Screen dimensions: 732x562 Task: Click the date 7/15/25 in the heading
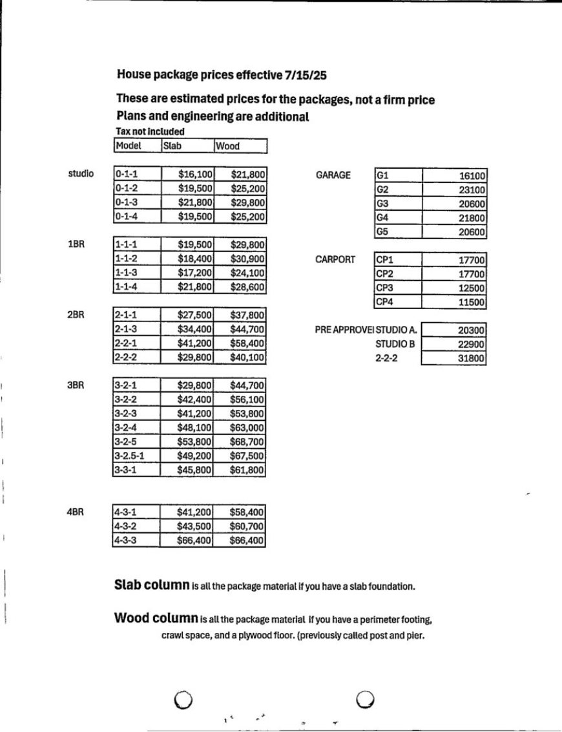coord(305,75)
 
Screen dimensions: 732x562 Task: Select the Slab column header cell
coord(187,146)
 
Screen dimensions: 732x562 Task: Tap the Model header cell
coord(137,146)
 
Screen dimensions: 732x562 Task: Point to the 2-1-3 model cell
coord(136,329)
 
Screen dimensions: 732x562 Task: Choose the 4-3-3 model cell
coord(136,540)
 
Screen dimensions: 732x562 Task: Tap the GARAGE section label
coord(333,175)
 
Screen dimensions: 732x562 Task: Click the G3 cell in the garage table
coord(398,204)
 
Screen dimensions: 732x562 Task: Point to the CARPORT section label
coord(335,259)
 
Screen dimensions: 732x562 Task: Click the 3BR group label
coord(76,385)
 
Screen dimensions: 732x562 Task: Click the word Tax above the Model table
coord(122,132)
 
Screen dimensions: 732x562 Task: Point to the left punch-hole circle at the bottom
coord(183,700)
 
